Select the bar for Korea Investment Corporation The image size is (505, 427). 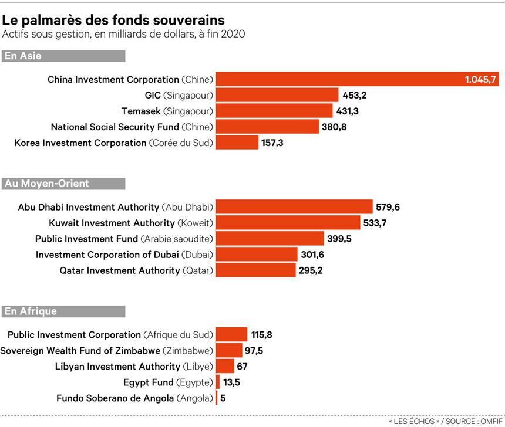pos(237,143)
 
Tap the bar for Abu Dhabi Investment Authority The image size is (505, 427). pos(294,207)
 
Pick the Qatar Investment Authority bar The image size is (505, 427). pos(255,270)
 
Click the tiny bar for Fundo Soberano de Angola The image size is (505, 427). pos(217,398)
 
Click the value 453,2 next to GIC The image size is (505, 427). pos(354,95)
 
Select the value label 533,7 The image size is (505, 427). pos(376,223)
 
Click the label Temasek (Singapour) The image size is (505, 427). pos(167,111)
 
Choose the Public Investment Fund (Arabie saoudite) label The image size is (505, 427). pos(123,239)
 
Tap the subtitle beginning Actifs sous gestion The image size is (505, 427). pos(123,34)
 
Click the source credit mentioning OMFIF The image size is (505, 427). pos(445,421)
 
